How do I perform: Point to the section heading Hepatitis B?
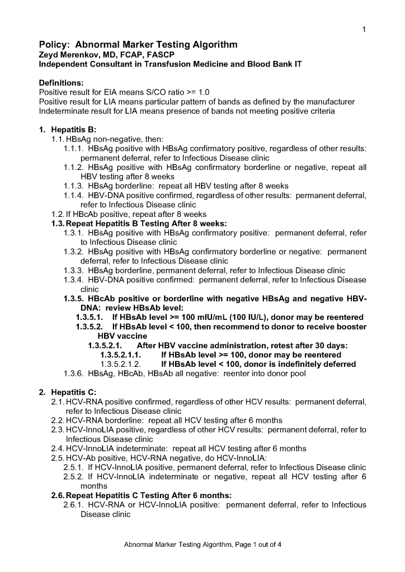click(74, 130)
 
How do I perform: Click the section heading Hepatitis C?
click(74, 391)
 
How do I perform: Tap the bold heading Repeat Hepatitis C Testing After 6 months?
click(149, 495)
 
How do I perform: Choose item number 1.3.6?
click(73, 374)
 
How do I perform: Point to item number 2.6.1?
click(73, 505)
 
